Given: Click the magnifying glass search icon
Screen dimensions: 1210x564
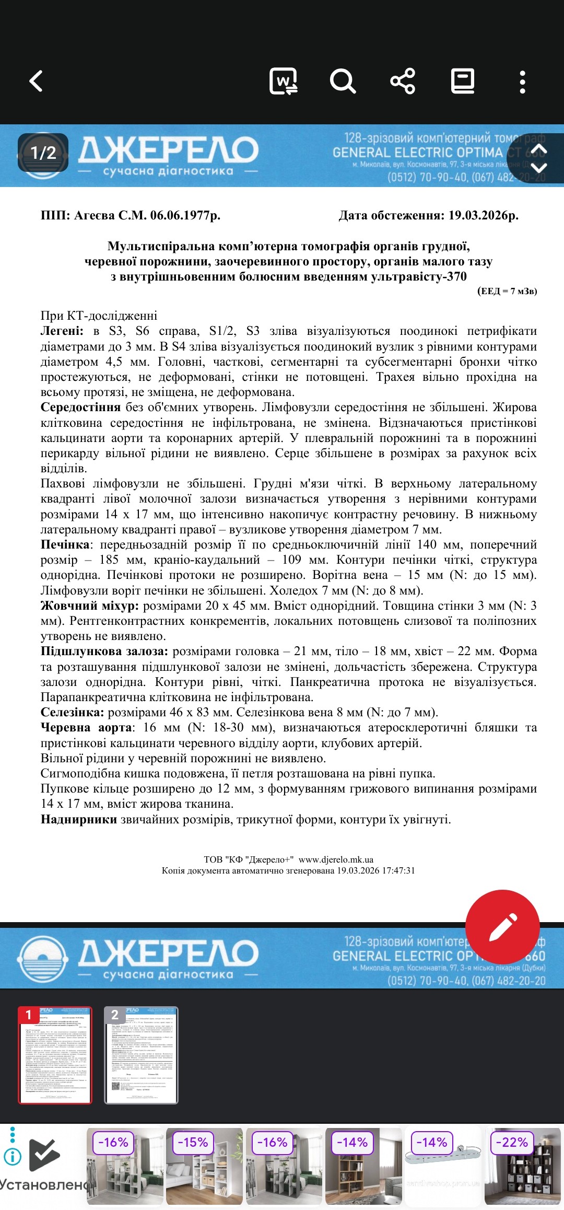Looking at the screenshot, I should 343,82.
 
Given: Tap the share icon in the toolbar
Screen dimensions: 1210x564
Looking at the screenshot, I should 403,82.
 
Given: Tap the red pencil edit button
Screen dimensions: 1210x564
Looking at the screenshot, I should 502,927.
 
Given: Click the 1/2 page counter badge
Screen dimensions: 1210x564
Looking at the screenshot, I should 43,153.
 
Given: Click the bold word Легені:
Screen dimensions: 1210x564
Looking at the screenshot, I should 62,331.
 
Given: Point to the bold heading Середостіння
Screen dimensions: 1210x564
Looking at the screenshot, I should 80,408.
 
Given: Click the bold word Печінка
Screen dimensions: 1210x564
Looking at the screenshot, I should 65,545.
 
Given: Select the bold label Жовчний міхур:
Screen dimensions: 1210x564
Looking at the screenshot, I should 89,606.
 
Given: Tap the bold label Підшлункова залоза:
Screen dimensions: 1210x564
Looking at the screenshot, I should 104,651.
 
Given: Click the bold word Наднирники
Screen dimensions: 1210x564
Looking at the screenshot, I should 78,819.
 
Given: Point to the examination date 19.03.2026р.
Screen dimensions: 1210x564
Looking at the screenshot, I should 483,215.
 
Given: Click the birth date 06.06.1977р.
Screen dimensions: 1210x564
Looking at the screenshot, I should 185,215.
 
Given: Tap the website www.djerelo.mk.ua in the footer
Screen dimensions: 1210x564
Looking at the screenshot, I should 336,859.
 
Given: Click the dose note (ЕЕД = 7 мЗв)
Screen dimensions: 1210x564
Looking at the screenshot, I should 507,291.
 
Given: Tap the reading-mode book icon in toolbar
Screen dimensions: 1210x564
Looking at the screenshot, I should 463,82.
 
